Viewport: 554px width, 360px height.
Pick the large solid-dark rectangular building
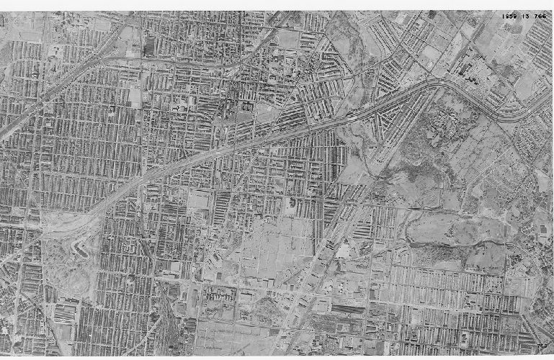(149, 48)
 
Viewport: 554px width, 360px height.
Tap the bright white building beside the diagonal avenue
(343, 252)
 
